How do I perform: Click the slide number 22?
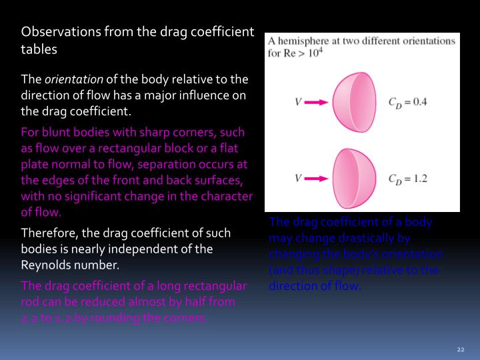tap(460, 350)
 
